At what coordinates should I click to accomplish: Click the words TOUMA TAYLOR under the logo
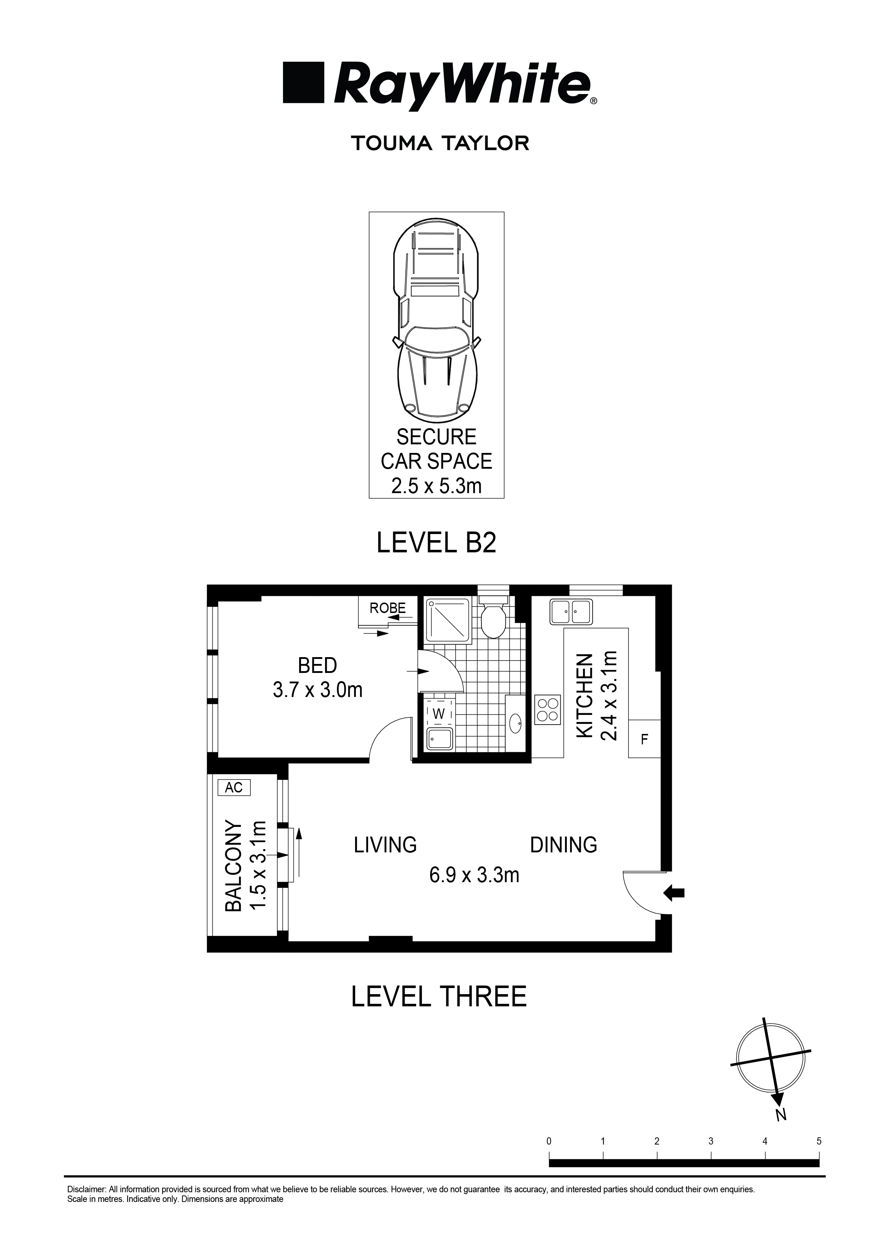(439, 144)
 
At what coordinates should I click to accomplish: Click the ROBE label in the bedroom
(387, 608)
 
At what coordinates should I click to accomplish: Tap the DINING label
(563, 844)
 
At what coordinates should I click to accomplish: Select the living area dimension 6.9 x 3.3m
(474, 875)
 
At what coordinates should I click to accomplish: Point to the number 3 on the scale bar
(710, 1142)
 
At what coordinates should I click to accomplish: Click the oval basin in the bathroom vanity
(516, 724)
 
